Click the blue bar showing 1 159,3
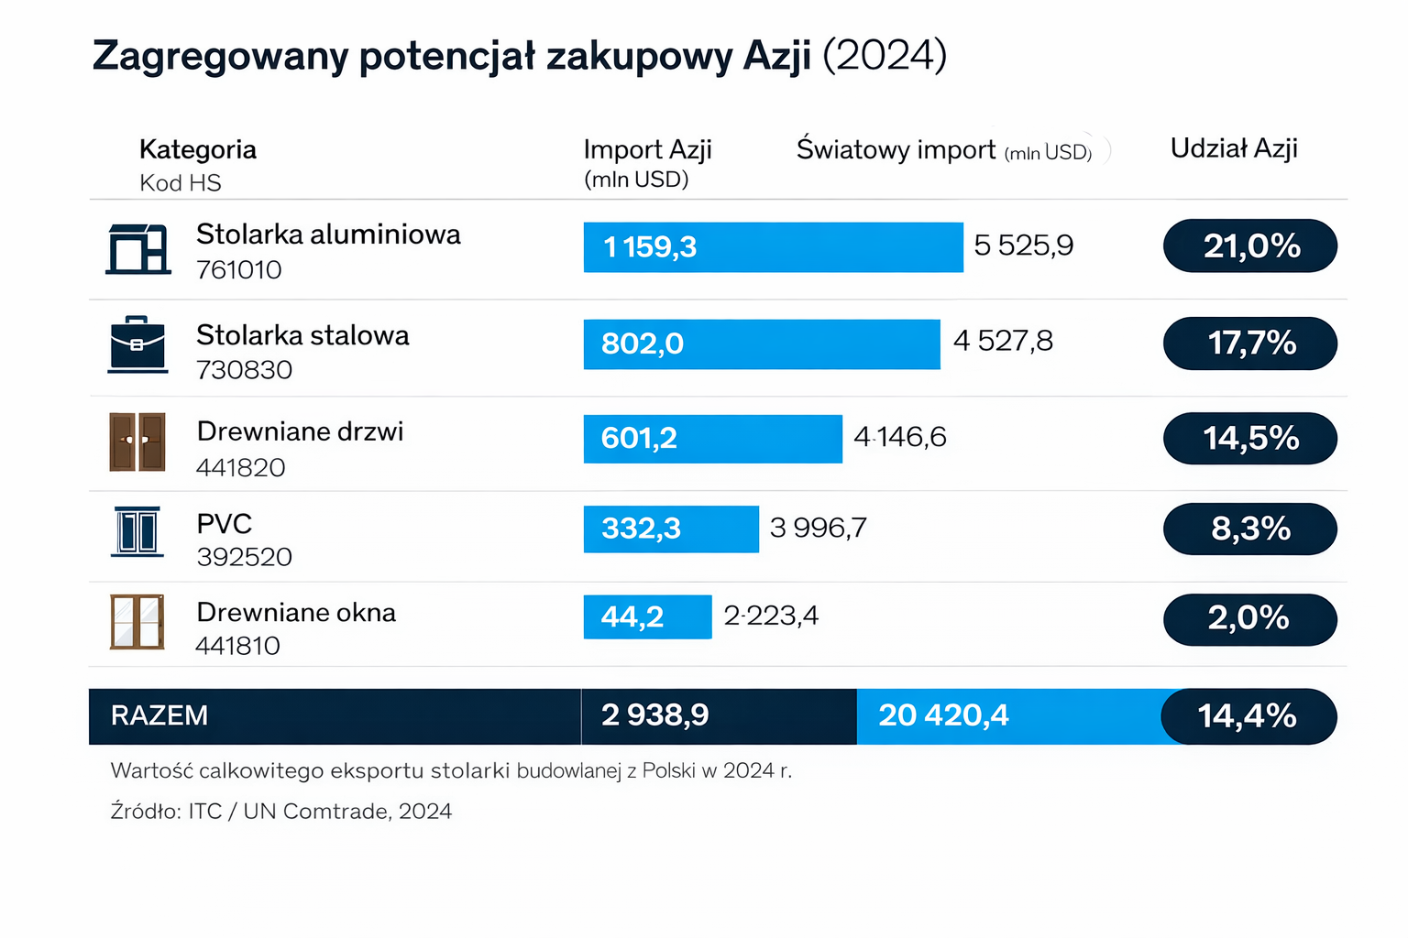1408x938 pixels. [773, 247]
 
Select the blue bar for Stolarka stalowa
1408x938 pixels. [761, 344]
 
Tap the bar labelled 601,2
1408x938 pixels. [712, 439]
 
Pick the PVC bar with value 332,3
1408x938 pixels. [671, 529]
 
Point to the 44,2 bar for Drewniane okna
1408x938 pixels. [647, 616]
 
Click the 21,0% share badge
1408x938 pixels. [1249, 245]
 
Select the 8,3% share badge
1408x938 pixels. [1249, 529]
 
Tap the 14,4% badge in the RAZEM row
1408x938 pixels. [1248, 715]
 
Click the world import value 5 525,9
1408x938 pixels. [1023, 245]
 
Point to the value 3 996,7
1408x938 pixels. [818, 528]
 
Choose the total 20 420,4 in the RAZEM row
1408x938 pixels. [943, 715]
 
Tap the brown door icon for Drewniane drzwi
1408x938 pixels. [137, 442]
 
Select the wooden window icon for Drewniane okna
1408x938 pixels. [137, 622]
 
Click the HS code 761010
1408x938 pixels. [239, 270]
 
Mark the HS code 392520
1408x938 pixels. [244, 557]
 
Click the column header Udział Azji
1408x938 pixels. [1234, 148]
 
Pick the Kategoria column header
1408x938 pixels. [198, 149]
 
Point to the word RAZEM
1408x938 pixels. [159, 715]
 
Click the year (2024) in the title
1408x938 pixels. [884, 55]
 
